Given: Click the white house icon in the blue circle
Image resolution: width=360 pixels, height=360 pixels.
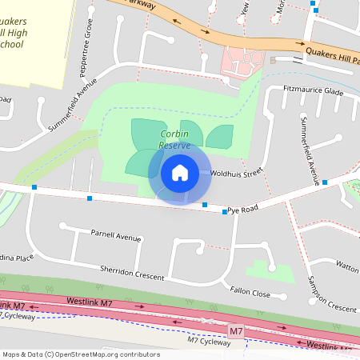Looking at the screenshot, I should (180, 172).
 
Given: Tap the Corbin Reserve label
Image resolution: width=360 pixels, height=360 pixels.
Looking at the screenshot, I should (174, 140).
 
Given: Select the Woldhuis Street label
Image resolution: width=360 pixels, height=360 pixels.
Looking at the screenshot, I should (236, 172).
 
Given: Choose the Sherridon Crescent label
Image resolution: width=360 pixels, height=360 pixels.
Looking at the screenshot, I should (132, 272).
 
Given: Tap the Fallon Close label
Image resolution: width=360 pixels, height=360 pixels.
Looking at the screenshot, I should (250, 293).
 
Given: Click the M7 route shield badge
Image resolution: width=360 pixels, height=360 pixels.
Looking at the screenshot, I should (236, 330).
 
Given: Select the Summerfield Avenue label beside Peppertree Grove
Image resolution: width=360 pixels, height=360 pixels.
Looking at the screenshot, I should (71, 105).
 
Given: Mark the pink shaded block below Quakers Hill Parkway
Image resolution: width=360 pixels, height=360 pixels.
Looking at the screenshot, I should (240, 60).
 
